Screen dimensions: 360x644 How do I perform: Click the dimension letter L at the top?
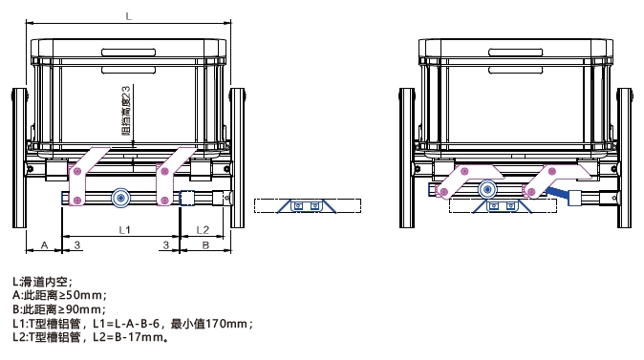[x=129, y=15]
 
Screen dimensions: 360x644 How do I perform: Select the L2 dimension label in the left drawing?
[x=203, y=229]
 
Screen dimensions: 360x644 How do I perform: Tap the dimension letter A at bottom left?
[x=43, y=245]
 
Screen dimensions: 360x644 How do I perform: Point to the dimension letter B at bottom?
[x=205, y=245]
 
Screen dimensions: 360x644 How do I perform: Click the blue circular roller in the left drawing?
[x=121, y=198]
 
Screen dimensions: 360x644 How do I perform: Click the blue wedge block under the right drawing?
[x=493, y=206]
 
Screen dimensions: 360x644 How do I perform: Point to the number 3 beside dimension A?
[x=75, y=245]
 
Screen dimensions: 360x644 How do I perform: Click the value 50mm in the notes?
[x=94, y=296]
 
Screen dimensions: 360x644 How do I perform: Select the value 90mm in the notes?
[x=94, y=309]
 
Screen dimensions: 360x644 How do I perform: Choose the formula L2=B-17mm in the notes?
[x=128, y=336]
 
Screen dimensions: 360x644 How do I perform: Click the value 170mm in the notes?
[x=225, y=323]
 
